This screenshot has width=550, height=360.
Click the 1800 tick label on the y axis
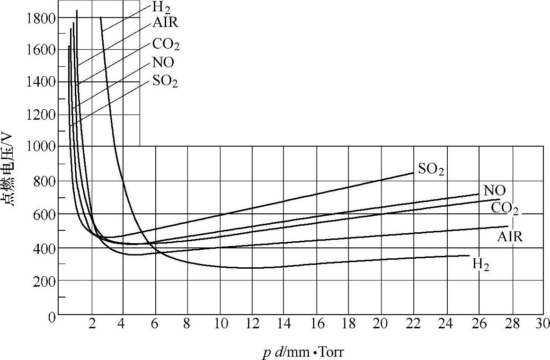click(x=42, y=18)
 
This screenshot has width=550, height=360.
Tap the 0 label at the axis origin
click(x=52, y=317)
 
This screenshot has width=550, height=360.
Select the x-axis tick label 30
click(x=543, y=324)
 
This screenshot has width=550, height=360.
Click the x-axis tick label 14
click(x=284, y=324)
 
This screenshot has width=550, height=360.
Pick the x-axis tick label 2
click(x=92, y=324)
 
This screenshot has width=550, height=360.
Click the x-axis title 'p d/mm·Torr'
click(x=303, y=352)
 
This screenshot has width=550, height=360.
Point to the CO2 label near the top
click(x=166, y=45)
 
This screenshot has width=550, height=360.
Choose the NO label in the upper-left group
click(x=163, y=62)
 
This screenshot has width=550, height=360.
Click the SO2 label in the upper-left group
click(x=165, y=81)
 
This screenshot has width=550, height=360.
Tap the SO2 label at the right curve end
click(x=431, y=169)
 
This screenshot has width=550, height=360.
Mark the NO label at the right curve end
click(x=495, y=191)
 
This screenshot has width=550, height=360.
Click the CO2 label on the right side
click(x=505, y=208)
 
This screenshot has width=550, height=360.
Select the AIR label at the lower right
click(x=510, y=237)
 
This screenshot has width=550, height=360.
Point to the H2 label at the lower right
click(x=481, y=265)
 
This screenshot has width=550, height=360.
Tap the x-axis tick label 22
click(x=413, y=324)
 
